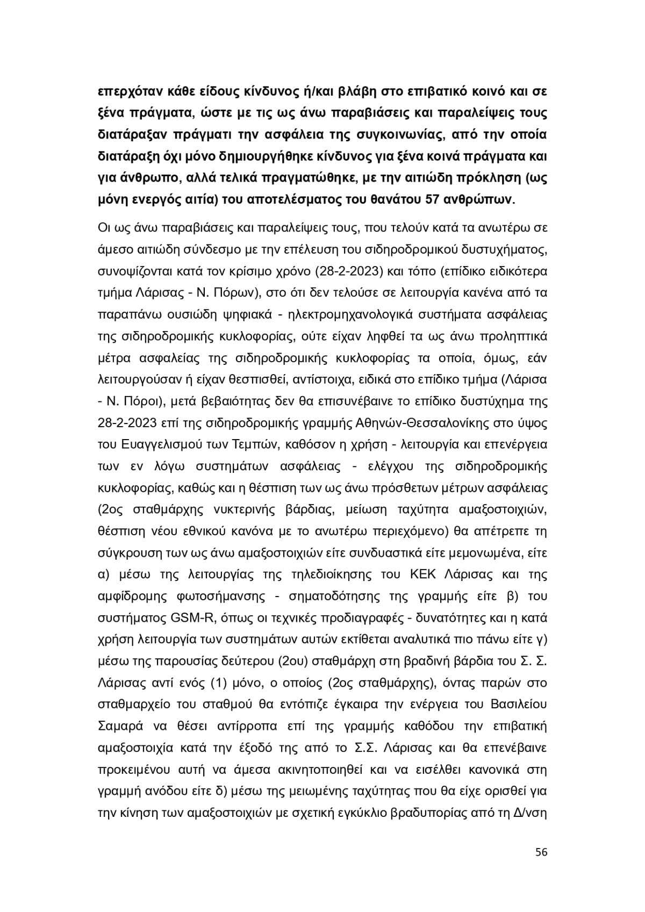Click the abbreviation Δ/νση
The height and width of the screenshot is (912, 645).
[530, 813]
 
